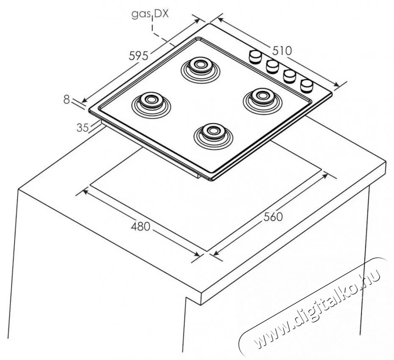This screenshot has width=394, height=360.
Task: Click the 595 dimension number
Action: (x=138, y=56)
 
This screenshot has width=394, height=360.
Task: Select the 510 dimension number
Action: (x=282, y=51)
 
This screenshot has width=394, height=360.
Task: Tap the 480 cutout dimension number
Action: (x=141, y=227)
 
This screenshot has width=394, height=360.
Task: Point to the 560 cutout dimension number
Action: (x=273, y=217)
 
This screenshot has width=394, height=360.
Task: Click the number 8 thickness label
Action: (x=66, y=100)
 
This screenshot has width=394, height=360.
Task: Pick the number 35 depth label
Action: (x=83, y=128)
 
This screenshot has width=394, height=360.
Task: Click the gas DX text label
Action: (x=150, y=14)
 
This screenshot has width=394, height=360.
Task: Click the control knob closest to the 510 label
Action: (x=255, y=57)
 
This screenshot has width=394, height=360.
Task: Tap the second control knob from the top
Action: (x=273, y=67)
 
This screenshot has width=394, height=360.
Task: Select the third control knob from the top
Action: (x=289, y=76)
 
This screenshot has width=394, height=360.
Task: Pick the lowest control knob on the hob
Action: (x=307, y=86)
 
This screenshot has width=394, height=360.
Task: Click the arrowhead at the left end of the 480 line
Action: (x=85, y=191)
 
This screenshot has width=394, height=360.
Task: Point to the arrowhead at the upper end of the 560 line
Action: (x=325, y=175)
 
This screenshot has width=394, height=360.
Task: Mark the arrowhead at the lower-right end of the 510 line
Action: (x=336, y=84)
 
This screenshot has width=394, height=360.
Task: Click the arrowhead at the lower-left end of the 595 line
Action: (x=85, y=100)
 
